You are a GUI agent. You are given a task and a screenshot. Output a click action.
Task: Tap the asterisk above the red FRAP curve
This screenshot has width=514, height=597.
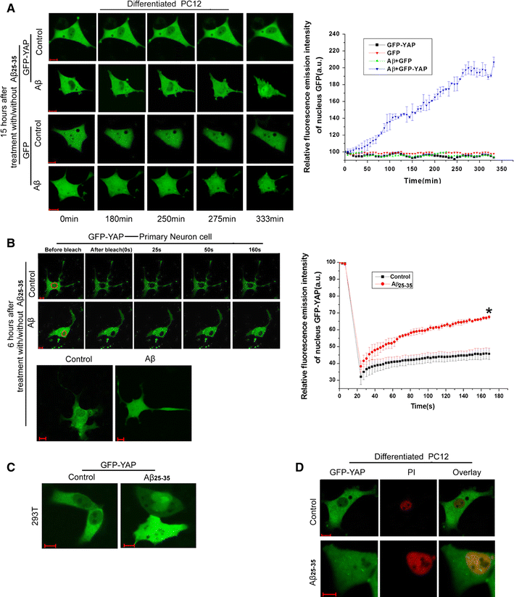pos(488,292)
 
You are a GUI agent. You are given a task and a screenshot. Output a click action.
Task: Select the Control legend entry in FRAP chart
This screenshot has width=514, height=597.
pos(428,276)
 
